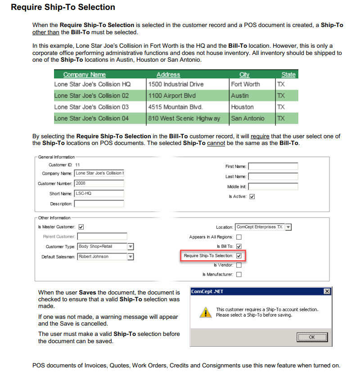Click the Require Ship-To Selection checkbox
point(239,256)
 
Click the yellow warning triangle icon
point(205,312)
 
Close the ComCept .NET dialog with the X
point(327,291)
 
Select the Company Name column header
point(85,75)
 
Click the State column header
point(288,75)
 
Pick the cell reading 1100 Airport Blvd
point(172,95)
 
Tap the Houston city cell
point(242,107)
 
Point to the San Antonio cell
point(247,118)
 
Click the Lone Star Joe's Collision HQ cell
point(92,84)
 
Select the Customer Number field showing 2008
point(99,183)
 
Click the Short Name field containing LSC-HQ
point(99,194)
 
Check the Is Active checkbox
point(252,196)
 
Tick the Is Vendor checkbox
point(239,265)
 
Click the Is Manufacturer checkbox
point(239,274)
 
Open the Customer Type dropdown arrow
point(130,247)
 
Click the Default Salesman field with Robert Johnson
point(102,257)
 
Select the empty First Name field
point(273,167)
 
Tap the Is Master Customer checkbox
point(81,227)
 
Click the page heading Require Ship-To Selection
point(63,7)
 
